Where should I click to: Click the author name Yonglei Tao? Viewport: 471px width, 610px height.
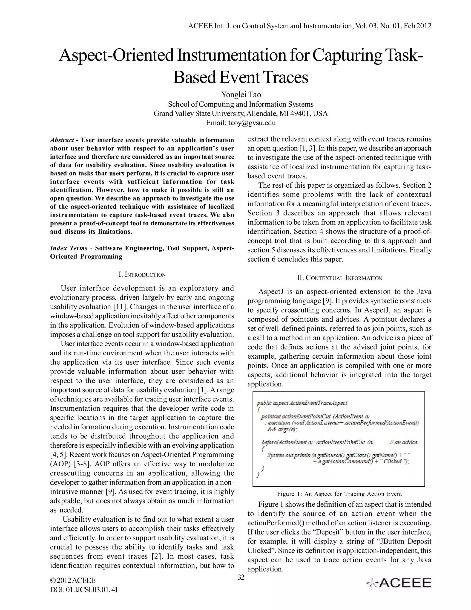coord(241,95)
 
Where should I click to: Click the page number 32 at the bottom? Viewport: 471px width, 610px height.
coord(241,577)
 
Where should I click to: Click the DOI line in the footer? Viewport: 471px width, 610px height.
coord(84,590)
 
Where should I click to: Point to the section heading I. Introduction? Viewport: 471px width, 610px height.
coord(142,275)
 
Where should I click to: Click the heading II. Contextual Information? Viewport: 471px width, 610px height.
coord(339,278)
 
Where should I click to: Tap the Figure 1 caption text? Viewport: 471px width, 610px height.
coord(339,494)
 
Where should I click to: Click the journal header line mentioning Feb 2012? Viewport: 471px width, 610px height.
coord(310,26)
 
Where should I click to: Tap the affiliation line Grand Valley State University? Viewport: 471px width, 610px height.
coord(241,114)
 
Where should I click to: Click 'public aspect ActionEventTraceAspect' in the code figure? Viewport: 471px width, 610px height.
coord(302,403)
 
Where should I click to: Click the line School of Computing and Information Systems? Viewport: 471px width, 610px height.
coord(241,104)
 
